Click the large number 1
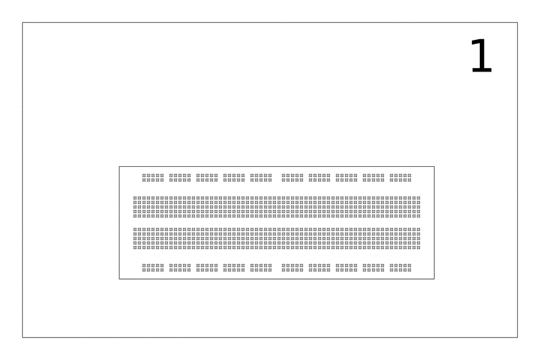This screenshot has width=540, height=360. coord(481,56)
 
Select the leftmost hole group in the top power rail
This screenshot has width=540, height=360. coord(153,178)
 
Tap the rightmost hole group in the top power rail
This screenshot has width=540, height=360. coord(400,178)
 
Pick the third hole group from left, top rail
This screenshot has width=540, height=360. coord(207,178)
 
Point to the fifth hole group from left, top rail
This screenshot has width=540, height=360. coord(261,178)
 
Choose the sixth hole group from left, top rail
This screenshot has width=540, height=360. coord(292,178)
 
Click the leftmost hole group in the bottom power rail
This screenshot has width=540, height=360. coord(153,267)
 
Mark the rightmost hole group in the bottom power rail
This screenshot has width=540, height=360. coord(400,267)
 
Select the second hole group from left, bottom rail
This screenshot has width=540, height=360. coord(180,267)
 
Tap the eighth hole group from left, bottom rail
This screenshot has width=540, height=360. coord(346,267)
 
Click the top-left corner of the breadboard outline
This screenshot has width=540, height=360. coord(119,167)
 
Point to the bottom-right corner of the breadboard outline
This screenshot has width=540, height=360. coord(434,279)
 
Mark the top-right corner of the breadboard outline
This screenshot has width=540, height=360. coord(434,167)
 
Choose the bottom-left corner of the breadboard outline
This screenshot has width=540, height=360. coord(119,279)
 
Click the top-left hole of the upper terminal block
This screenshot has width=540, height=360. coord(135,198)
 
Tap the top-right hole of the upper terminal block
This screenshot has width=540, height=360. coord(418,198)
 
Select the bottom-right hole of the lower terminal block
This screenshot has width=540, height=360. coord(418,247)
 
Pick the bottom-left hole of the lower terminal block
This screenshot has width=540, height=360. coord(135,247)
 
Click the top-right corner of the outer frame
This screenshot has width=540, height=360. coord(517,23)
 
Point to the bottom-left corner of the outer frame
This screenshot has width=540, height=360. coord(23,337)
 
